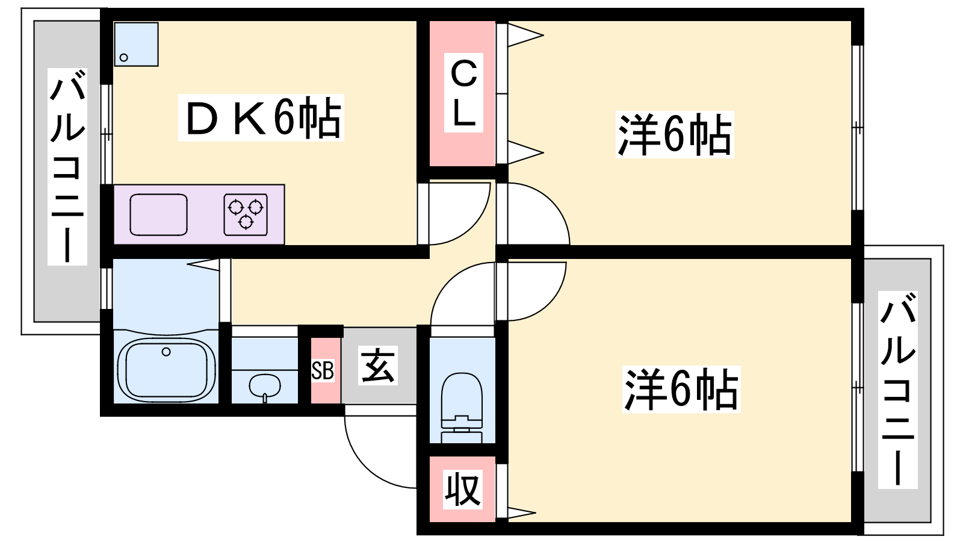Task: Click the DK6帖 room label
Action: [x=261, y=117]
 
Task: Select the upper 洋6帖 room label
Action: [x=675, y=134]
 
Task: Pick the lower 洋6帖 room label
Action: [x=681, y=389]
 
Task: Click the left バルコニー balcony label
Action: [x=67, y=167]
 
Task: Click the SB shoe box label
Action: [x=323, y=371]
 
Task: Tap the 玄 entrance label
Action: [x=379, y=366]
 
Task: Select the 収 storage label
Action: [x=462, y=489]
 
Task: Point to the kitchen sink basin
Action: [x=158, y=214]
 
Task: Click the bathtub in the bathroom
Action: [x=167, y=369]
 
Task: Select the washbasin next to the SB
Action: [x=264, y=385]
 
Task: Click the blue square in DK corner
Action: [x=136, y=44]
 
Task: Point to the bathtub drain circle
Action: [x=167, y=352]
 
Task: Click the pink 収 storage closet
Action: [x=462, y=489]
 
